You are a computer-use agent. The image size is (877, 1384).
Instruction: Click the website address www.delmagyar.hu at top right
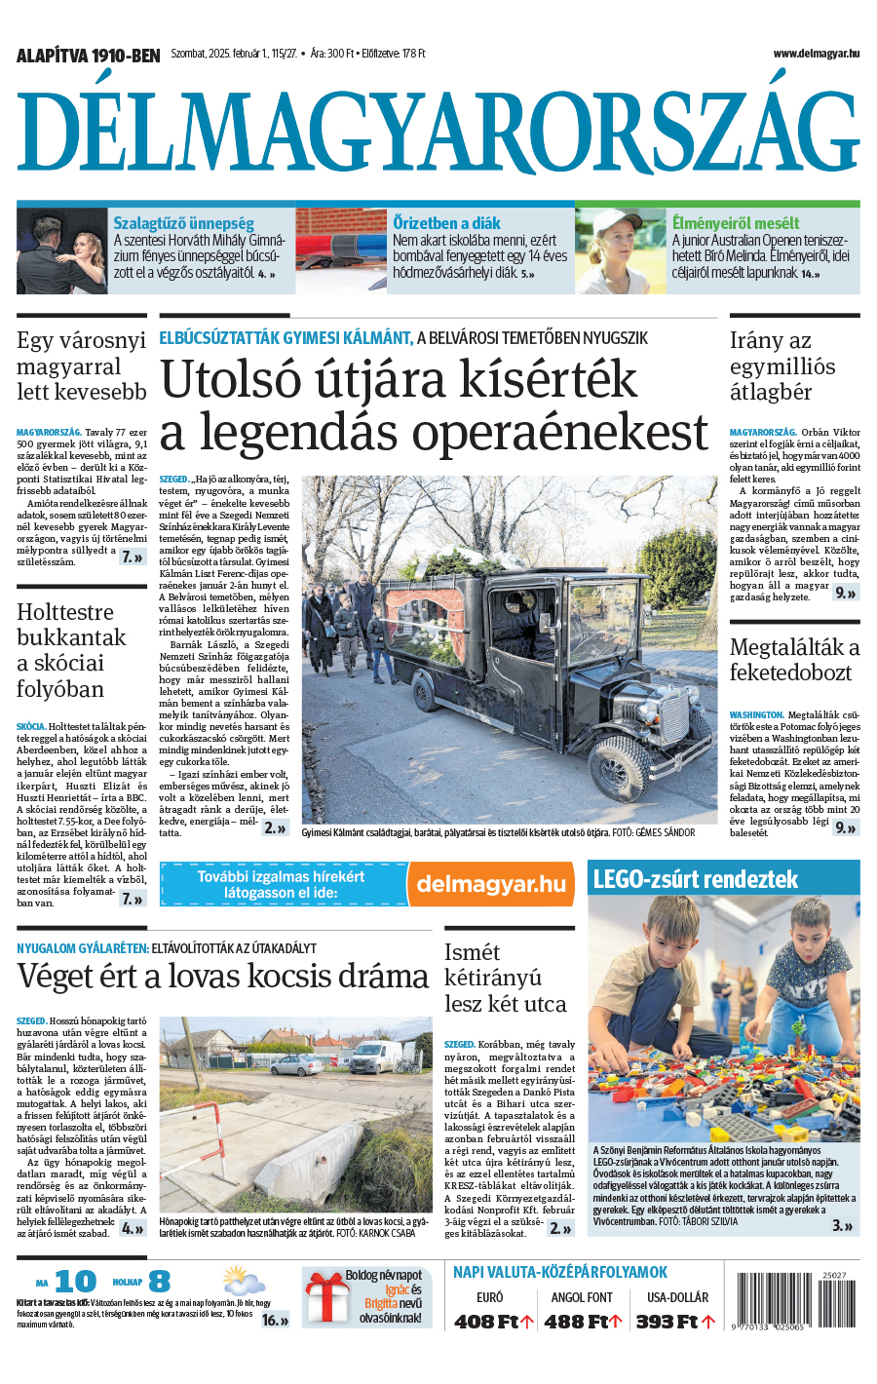click(x=816, y=54)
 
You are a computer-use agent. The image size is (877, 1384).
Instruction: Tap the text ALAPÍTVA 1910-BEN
click(x=88, y=56)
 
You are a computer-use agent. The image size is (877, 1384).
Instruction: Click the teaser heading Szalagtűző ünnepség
click(x=183, y=223)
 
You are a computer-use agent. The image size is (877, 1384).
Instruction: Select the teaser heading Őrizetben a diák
click(x=446, y=223)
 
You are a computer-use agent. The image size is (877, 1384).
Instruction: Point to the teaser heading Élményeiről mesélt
click(x=735, y=223)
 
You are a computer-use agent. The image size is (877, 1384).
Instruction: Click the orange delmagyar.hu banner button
click(x=490, y=884)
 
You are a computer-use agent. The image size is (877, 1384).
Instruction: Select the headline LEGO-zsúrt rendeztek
click(x=695, y=879)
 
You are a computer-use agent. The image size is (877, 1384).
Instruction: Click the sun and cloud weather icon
click(x=243, y=1280)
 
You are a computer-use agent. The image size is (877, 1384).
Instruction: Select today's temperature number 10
click(x=75, y=1281)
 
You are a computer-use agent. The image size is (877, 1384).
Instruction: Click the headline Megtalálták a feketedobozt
click(x=794, y=660)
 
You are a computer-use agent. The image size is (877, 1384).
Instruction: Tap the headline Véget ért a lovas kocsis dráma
click(x=222, y=976)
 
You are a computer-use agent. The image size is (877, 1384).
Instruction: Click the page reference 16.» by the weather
click(x=275, y=1320)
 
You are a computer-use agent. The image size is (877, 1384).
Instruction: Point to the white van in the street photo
click(x=376, y=1057)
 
